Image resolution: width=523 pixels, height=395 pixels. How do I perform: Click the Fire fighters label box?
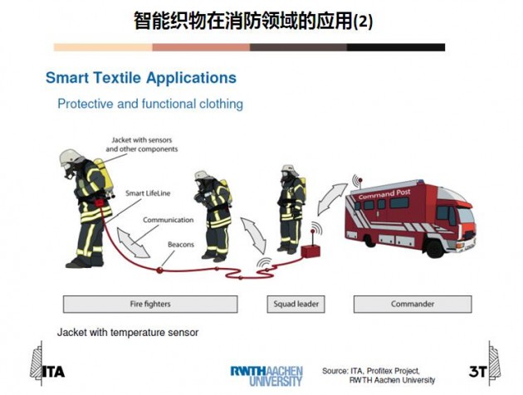click(150, 304)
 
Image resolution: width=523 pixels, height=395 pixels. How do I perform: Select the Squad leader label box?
click(296, 304)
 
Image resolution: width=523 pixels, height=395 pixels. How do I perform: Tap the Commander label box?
click(413, 304)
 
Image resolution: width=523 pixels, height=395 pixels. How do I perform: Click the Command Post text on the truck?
click(384, 194)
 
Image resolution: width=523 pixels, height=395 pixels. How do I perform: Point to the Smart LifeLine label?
click(148, 193)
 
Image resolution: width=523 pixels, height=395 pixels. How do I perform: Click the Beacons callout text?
click(181, 244)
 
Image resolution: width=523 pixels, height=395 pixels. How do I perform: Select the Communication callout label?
click(168, 220)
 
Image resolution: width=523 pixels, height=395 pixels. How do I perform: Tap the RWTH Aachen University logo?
click(266, 376)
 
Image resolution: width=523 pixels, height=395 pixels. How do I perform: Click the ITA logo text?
click(53, 372)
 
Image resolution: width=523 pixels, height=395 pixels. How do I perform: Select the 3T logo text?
click(477, 371)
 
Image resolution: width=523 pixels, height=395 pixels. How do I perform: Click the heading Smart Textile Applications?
click(141, 78)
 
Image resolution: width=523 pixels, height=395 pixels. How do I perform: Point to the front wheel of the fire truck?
click(435, 249)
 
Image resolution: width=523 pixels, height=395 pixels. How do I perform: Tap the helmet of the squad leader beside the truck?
click(290, 169)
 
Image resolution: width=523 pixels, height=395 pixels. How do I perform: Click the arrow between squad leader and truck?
click(331, 198)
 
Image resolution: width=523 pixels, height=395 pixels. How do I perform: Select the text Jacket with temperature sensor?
click(128, 332)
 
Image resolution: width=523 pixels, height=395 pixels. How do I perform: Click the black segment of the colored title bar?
click(396, 47)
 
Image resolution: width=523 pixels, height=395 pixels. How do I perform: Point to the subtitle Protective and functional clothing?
click(150, 104)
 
